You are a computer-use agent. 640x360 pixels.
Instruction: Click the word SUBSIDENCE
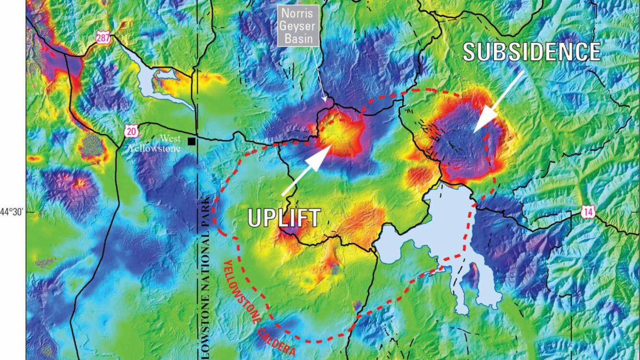(x=532, y=52)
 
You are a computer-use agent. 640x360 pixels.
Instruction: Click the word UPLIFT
(x=285, y=218)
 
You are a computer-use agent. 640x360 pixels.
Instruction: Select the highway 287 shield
(x=103, y=37)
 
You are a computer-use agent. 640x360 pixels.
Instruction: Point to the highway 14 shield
(x=588, y=212)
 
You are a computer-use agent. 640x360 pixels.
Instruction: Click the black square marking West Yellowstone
(x=191, y=141)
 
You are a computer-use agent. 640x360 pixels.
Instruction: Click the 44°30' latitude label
(x=12, y=212)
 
